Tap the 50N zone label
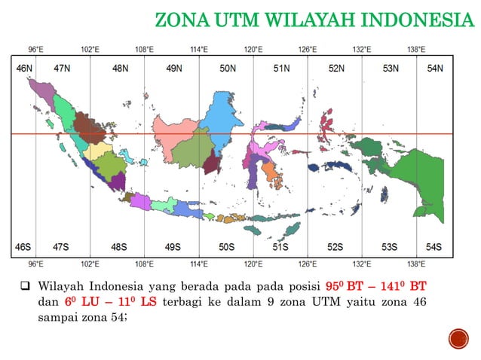coord(228,69)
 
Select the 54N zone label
coord(435,69)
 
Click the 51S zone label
coord(281,247)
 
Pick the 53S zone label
coord(389,247)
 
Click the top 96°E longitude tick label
coord(35,50)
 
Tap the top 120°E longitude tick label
coord(253,50)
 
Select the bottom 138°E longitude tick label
coord(416,264)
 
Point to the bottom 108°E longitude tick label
coord(144,264)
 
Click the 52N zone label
coord(336,69)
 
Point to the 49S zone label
coord(173,247)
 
